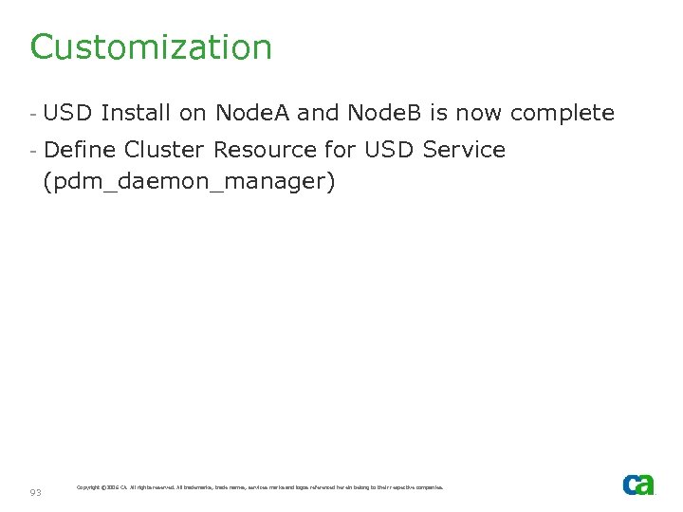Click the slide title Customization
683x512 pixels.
(x=151, y=47)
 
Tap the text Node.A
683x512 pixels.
(x=252, y=114)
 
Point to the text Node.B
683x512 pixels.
(x=385, y=114)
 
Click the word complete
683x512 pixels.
(x=563, y=114)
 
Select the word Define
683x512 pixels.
(x=81, y=150)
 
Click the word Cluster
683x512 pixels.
(x=165, y=150)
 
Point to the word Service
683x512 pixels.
(x=465, y=150)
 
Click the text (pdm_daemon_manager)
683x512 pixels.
(x=190, y=181)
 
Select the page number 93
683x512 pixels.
(x=36, y=492)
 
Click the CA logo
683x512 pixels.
(x=638, y=485)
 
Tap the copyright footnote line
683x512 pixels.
(x=259, y=487)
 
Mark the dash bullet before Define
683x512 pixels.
(x=33, y=151)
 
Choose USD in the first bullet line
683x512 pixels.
(x=68, y=114)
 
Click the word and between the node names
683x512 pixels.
(x=318, y=114)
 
